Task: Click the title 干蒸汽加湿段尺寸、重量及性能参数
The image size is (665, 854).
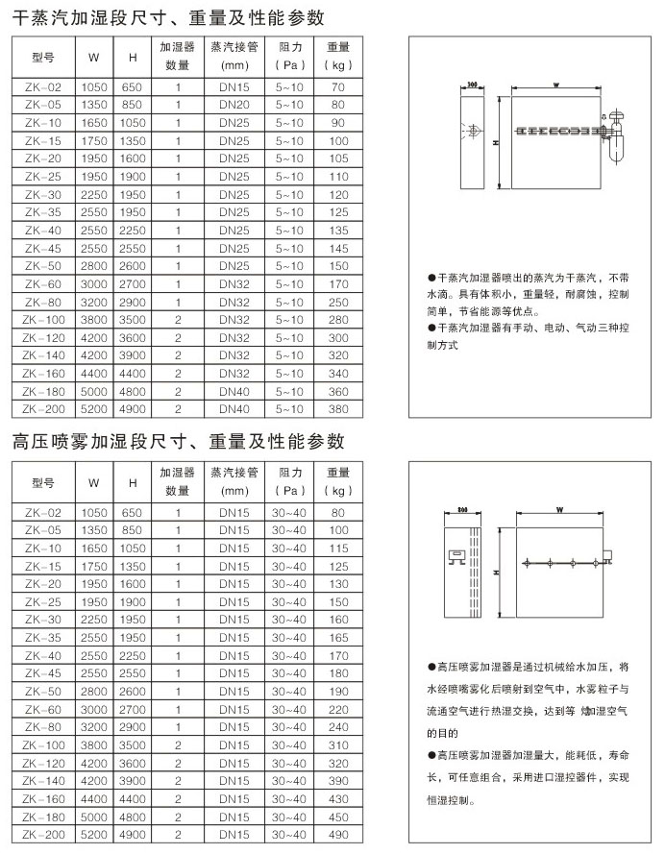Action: coord(168,16)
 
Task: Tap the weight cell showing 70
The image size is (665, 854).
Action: coord(337,86)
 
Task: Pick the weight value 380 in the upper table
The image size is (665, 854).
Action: coord(337,409)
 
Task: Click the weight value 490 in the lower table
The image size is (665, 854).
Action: coord(337,834)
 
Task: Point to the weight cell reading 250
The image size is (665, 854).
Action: coord(337,302)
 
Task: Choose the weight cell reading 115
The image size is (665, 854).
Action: coord(337,547)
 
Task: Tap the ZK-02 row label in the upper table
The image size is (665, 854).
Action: coord(43,86)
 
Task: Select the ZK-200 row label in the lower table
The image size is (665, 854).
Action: coord(43,834)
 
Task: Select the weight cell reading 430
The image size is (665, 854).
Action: coord(337,798)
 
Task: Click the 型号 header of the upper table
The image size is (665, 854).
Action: coord(43,55)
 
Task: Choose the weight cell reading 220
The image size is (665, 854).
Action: coord(337,708)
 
